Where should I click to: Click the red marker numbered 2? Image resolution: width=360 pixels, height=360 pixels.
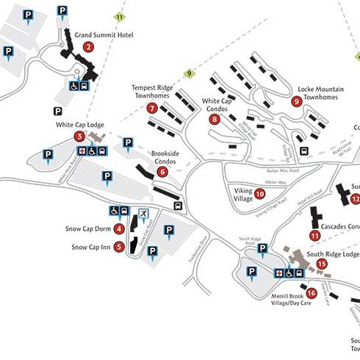coord(89,46)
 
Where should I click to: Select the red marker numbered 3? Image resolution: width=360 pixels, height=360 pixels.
coord(79,136)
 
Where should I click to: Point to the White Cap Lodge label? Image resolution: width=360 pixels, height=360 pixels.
coord(80,125)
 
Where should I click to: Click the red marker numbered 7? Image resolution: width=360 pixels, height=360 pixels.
coord(152,108)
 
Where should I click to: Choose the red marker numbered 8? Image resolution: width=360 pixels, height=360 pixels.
coord(215,119)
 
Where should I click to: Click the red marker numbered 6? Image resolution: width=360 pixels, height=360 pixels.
coord(162,171)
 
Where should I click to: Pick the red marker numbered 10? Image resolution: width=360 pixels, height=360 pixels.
coord(259,194)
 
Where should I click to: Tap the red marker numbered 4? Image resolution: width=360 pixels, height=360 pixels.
coord(118,228)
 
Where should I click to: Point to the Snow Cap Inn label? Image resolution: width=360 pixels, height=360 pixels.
coord(91,247)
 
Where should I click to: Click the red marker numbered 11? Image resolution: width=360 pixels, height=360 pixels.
coord(314,236)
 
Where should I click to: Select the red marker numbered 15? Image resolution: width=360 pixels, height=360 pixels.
coord(321,264)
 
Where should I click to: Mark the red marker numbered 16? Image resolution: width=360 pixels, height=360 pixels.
coord(312,292)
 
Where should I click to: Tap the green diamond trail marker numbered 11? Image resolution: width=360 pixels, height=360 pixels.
coord(120,16)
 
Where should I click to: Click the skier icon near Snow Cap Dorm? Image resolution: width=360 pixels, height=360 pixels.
coord(145,214)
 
